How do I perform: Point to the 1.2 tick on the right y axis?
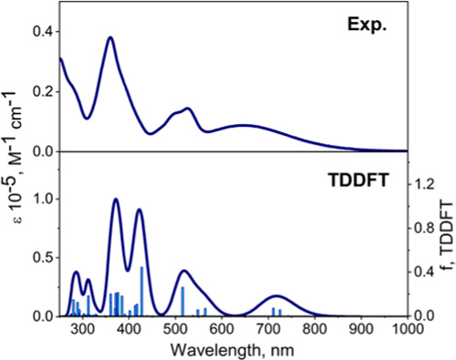(423, 185)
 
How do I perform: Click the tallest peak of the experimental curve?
(110, 37)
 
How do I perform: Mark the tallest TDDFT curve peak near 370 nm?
(116, 199)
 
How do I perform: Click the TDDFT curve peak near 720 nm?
(277, 296)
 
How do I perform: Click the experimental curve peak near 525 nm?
(188, 108)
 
